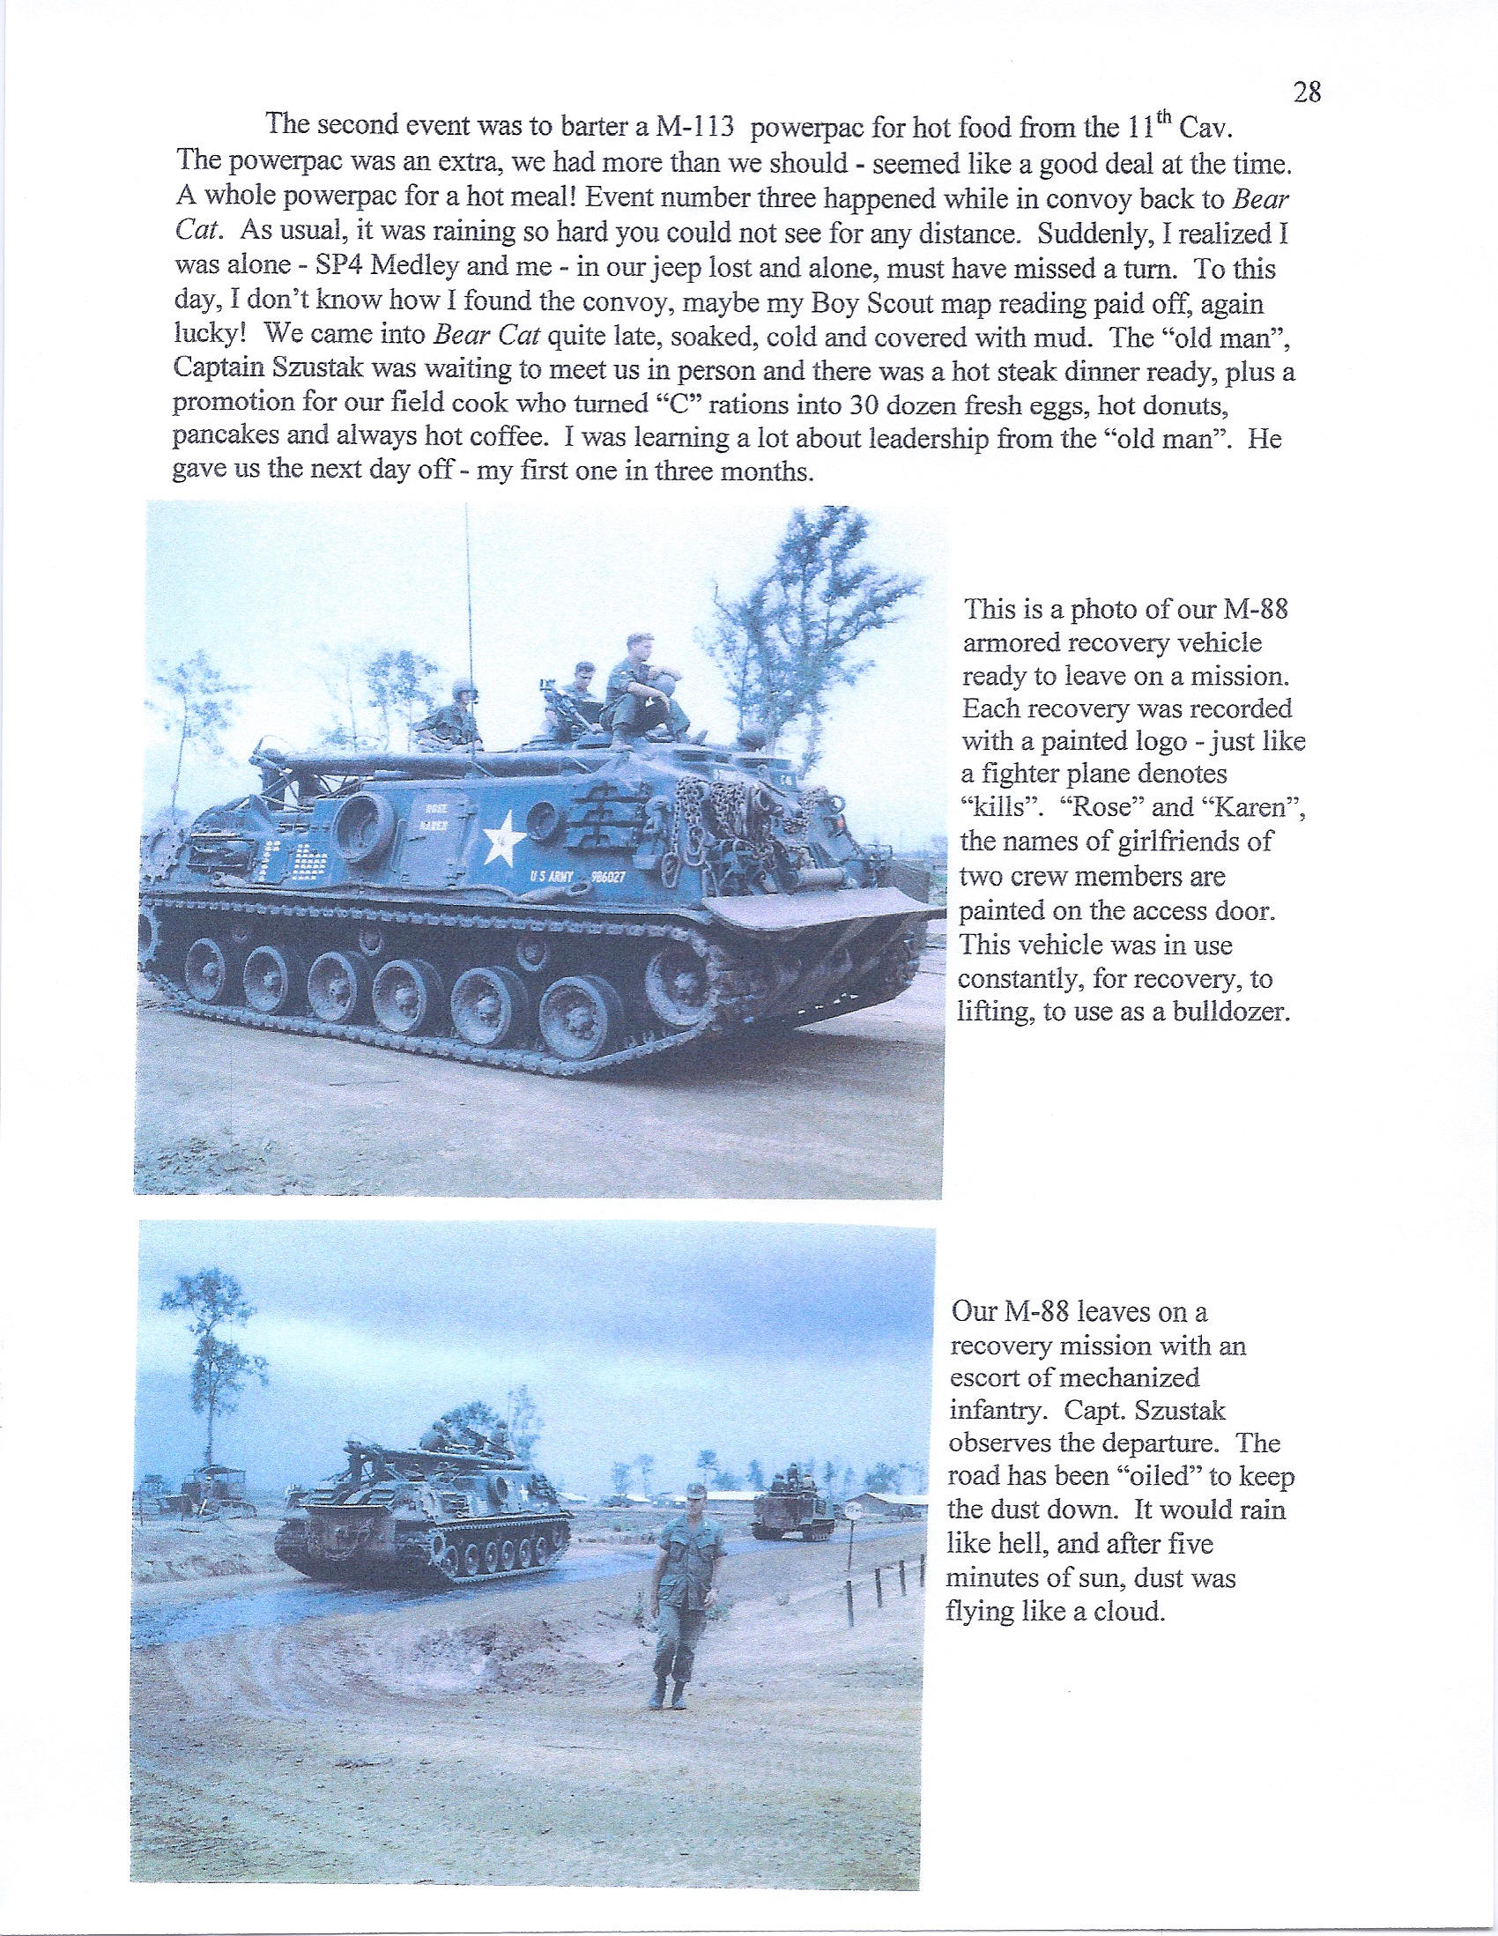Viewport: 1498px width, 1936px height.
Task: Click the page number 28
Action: pyautogui.click(x=1308, y=93)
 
